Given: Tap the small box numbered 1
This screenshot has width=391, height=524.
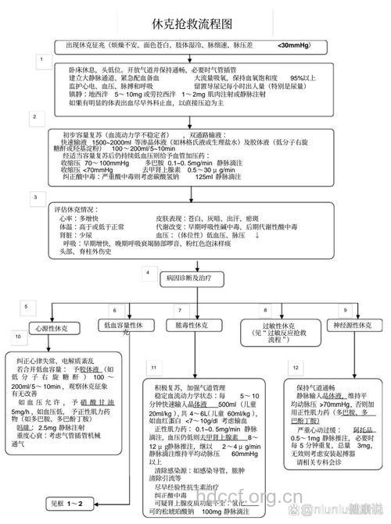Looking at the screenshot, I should click(40, 59).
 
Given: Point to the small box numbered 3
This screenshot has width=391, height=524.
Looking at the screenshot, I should click(34, 196).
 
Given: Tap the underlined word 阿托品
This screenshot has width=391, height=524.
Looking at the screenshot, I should click(363, 430).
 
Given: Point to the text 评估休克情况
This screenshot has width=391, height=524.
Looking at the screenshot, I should click(81, 209).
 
